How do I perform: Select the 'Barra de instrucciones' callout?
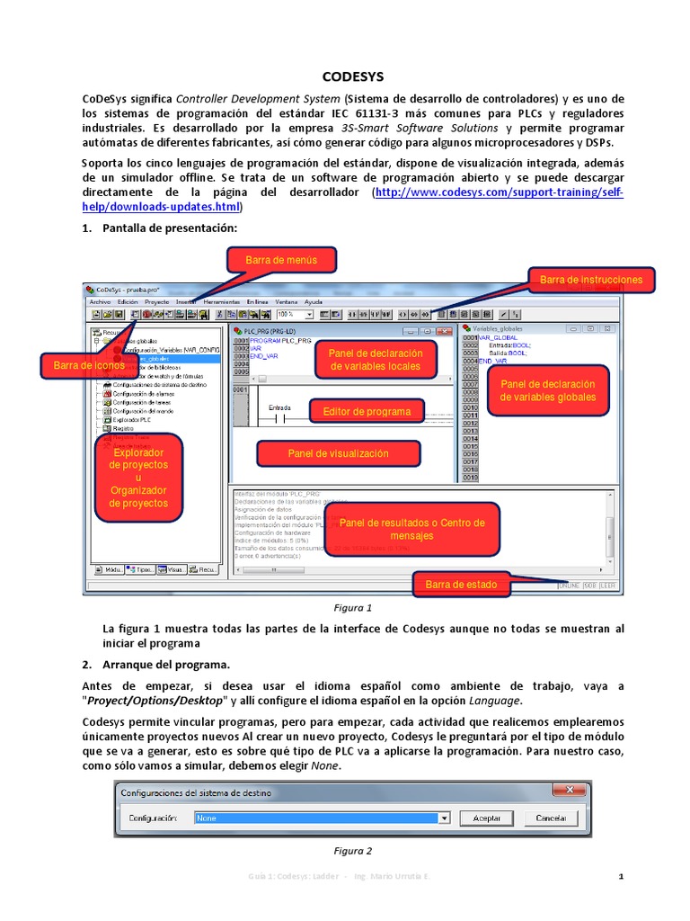591,280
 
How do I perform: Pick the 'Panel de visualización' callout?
338,454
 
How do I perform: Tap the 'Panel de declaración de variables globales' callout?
547,390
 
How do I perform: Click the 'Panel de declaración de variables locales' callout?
376,360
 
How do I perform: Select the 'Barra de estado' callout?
461,585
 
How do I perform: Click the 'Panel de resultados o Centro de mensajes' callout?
411,529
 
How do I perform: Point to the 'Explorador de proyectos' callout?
138,478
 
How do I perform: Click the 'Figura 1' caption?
352,608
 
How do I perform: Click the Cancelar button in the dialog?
551,818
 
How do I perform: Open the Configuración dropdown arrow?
443,818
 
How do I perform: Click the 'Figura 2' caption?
352,851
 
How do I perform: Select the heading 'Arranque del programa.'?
166,665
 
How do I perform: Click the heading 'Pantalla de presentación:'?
170,228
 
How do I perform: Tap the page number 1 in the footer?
621,876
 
